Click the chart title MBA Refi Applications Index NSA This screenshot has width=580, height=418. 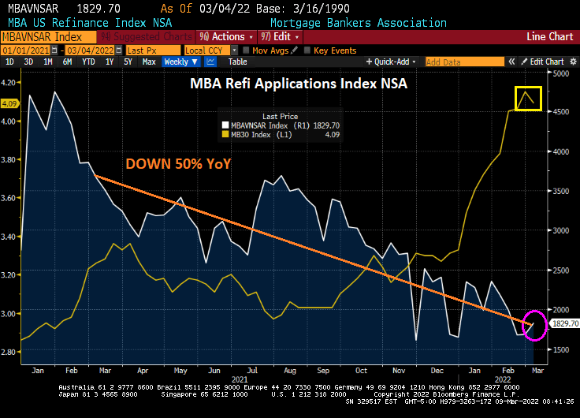[x=298, y=84]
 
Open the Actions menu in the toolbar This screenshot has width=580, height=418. [x=228, y=37]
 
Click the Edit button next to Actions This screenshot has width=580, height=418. [x=281, y=37]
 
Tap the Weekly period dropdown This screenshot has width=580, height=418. [x=180, y=62]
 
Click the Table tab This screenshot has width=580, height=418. [x=237, y=62]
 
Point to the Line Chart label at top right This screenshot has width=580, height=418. [x=549, y=37]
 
